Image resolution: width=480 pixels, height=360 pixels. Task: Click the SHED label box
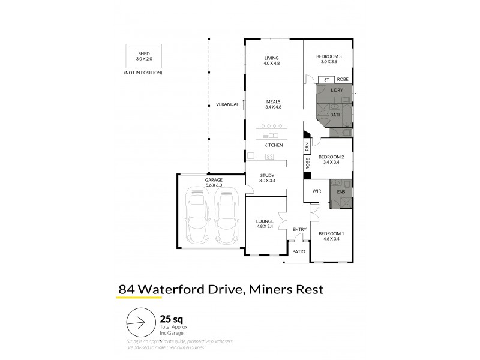click(143, 56)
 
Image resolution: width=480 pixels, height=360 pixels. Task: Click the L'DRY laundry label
click(336, 90)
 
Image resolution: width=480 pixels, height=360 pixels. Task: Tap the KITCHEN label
click(273, 145)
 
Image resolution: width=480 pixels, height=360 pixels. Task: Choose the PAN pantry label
click(307, 146)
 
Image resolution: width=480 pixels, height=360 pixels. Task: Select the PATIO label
click(298, 251)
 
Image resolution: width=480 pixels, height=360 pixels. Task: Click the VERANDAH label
click(227, 105)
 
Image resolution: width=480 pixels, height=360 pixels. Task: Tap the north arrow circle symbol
click(139, 325)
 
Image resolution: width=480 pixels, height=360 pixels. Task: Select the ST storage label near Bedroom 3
click(326, 79)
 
